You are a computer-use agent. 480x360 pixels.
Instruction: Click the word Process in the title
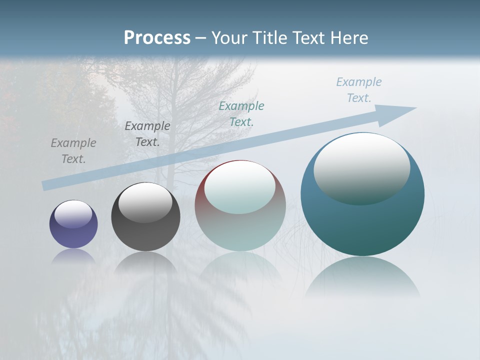coord(157,38)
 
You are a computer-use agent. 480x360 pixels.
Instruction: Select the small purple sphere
coord(73,235)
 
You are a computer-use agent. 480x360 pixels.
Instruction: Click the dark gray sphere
coord(145,235)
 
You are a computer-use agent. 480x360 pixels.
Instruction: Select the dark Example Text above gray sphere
coord(147,134)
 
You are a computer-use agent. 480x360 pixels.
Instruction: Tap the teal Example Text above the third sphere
coord(241,114)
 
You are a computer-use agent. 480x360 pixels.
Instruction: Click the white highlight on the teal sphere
coord(361,167)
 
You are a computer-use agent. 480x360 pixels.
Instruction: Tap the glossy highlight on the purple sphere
coord(73,214)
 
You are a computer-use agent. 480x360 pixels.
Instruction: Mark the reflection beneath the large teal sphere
coord(362,275)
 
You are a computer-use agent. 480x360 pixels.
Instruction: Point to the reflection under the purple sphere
coord(73,255)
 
